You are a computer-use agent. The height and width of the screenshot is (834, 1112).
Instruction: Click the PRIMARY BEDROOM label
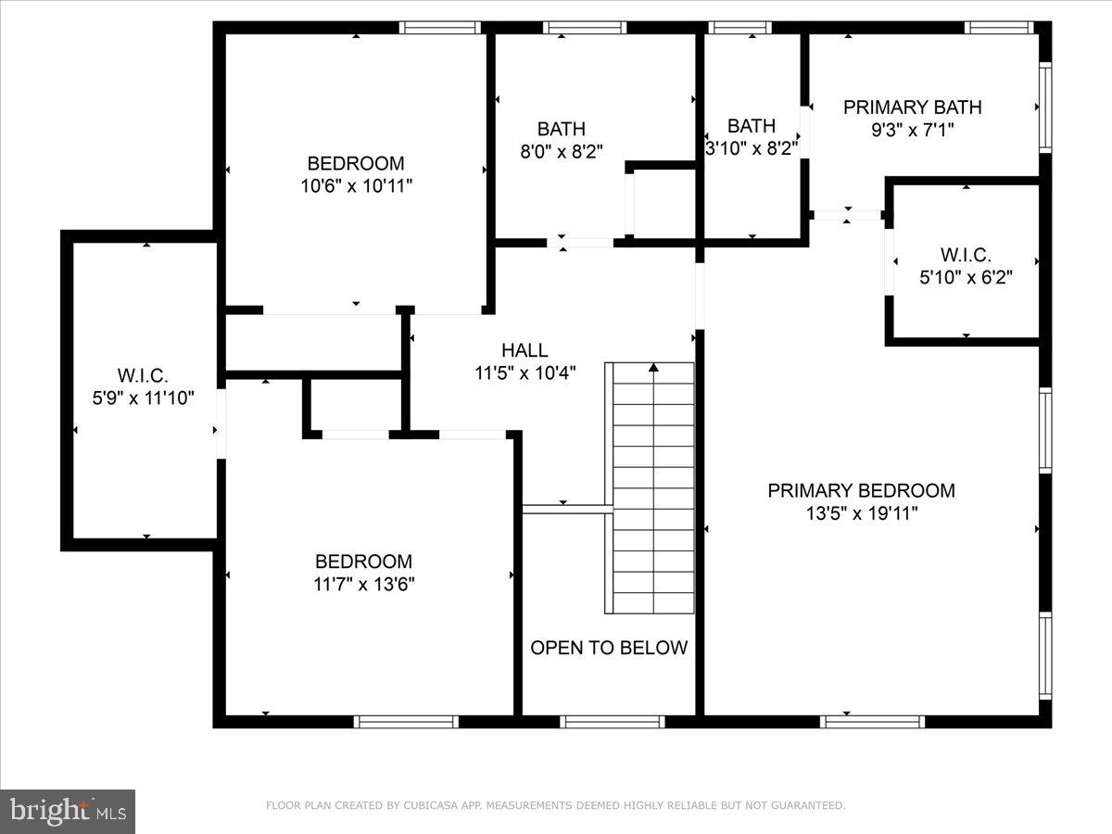(x=861, y=491)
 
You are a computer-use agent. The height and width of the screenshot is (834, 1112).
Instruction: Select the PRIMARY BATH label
(x=912, y=107)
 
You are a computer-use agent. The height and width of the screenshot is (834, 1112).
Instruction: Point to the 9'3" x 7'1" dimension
(x=912, y=131)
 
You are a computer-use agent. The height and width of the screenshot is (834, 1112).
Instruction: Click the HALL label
(x=524, y=350)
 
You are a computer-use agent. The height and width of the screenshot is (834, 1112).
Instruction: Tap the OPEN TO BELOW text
(x=609, y=648)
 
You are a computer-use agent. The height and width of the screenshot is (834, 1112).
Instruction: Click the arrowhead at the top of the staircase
(x=654, y=368)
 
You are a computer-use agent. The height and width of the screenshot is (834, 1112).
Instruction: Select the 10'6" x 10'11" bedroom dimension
(x=356, y=185)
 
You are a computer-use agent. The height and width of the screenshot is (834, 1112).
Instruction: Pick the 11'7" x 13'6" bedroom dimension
(x=363, y=584)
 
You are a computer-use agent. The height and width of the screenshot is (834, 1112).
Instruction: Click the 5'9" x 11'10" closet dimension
(x=143, y=398)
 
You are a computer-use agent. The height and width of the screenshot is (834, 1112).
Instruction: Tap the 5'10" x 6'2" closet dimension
(x=965, y=277)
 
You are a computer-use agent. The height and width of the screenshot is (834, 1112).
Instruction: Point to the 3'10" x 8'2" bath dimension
(x=751, y=148)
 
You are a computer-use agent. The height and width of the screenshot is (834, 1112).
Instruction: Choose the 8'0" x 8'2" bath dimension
(x=562, y=152)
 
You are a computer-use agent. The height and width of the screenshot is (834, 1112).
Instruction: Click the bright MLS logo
(x=68, y=812)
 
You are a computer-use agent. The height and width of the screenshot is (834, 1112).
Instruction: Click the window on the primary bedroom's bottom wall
(x=872, y=721)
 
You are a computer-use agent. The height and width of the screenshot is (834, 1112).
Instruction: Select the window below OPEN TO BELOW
(x=612, y=721)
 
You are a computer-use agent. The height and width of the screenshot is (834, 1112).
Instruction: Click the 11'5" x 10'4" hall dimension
(x=524, y=373)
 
